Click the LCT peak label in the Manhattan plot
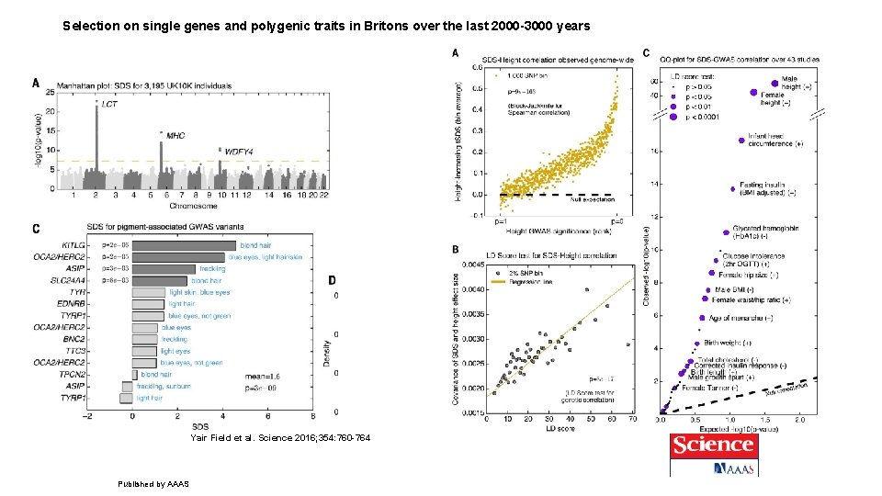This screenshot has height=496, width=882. coord(109,106)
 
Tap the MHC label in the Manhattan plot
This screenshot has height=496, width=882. coord(175,135)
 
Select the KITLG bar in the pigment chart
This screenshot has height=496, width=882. coord(184,245)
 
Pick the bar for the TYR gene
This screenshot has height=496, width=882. coord(148,292)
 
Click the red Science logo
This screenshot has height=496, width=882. coord(713,446)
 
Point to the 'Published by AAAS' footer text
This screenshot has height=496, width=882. coord(153,483)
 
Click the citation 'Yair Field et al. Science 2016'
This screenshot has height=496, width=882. coord(280,438)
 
